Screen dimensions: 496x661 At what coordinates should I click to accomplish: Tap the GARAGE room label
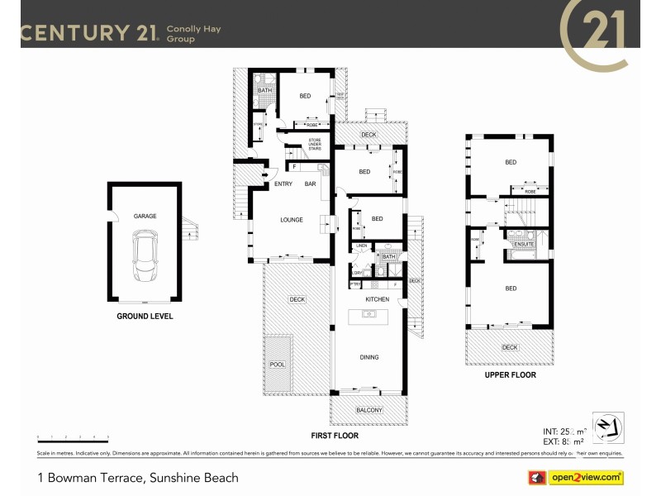(x=145, y=217)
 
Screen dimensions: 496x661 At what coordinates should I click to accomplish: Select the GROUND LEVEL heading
(x=145, y=317)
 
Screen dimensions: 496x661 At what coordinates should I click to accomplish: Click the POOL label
(x=277, y=365)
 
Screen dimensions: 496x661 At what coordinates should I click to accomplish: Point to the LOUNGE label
(x=291, y=220)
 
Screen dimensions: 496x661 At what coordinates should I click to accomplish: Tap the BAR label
(x=311, y=184)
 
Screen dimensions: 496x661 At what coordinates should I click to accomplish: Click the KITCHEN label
(x=378, y=299)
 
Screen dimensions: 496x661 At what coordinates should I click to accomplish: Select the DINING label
(x=369, y=357)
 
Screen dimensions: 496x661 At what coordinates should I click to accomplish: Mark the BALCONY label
(x=369, y=410)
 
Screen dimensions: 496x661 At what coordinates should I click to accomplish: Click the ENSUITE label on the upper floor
(x=523, y=245)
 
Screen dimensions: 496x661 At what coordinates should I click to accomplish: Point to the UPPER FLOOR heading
(x=510, y=375)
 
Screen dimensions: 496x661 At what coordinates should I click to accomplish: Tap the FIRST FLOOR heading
(x=335, y=435)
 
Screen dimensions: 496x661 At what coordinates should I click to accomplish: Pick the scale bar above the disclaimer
(x=73, y=436)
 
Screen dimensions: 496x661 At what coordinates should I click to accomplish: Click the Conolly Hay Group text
(x=195, y=33)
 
